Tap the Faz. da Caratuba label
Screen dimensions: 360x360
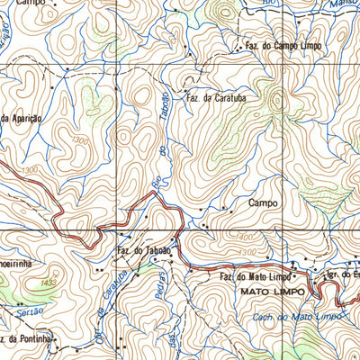(x=216, y=99)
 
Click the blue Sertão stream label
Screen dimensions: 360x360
(x=29, y=312)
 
